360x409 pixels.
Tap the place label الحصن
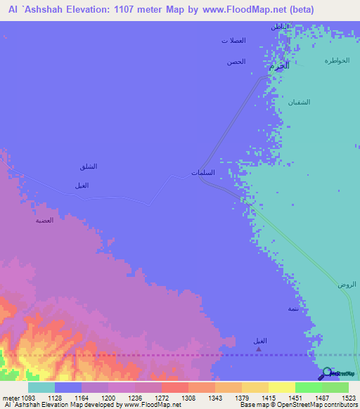tap(236, 62)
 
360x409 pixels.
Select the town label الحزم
tap(279, 65)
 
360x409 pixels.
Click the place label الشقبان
tap(298, 102)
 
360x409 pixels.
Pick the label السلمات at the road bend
tap(203, 172)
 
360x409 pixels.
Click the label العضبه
tap(45, 220)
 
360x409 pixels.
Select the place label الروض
tap(347, 284)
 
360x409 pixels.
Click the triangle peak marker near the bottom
tap(260, 349)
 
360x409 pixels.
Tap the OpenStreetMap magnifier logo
tap(326, 375)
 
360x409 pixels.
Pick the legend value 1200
tap(108, 397)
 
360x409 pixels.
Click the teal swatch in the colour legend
tap(41, 387)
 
